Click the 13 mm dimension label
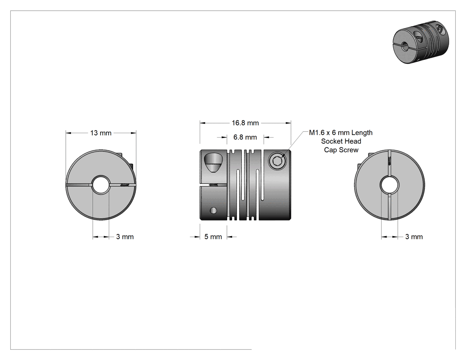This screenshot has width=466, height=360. tap(101, 133)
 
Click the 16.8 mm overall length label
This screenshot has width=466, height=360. tap(245, 123)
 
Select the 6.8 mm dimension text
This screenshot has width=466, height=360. tap(245, 137)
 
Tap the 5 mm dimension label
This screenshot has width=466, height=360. tap(213, 237)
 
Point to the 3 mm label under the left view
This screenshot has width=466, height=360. tap(125, 237)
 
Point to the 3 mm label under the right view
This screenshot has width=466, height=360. tap(414, 237)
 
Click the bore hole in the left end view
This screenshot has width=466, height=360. tap(101, 185)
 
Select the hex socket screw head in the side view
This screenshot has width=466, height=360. tap(277, 161)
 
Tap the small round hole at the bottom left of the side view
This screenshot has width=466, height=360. tap(213, 210)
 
